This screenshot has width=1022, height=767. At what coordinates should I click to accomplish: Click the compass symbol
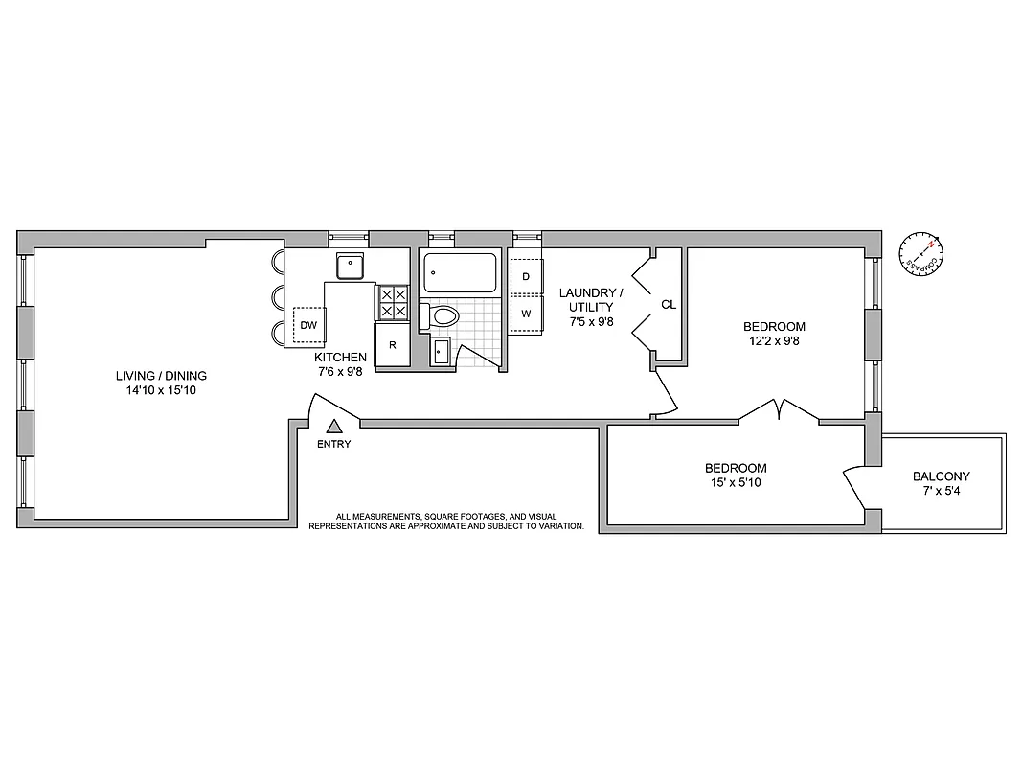pos(921,254)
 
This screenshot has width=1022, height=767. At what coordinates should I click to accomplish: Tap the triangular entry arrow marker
pos(334,428)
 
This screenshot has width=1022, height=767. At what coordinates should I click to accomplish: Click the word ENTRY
pos(334,444)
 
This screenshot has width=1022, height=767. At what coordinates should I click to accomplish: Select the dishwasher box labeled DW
pos(308,325)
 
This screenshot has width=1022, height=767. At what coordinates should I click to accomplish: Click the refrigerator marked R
pos(391,345)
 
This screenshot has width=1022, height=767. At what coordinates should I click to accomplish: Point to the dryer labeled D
pos(526,277)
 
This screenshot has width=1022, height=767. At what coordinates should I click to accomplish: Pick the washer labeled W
pos(526,314)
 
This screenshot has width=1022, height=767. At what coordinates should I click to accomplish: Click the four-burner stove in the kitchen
pos(393,304)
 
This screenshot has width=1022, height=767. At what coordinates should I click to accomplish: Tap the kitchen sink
pos(351,265)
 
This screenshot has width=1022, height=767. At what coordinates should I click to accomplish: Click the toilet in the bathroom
pos(442,315)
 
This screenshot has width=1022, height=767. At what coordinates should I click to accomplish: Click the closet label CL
pos(669,305)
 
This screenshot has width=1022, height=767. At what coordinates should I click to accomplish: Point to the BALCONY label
pos(941,476)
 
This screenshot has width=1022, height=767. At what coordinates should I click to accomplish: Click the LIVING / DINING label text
pos(161,376)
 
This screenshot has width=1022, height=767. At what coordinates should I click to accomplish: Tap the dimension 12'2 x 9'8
pos(774,340)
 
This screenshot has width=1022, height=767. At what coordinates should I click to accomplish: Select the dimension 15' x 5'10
pos(736,482)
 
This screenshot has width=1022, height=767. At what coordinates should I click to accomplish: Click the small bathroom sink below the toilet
pos(440,351)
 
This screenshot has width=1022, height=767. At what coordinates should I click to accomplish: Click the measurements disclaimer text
pos(445,522)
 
